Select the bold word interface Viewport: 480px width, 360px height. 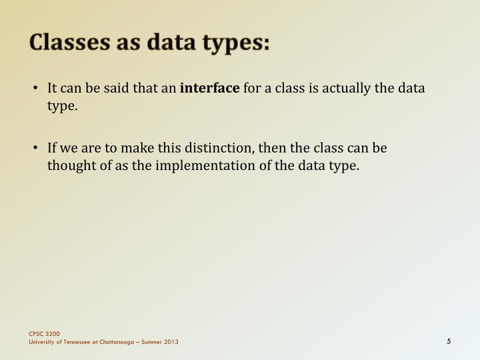(210, 88)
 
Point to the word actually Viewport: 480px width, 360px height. (348, 88)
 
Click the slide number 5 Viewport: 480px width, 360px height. (449, 341)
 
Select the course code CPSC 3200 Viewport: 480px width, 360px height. (44, 333)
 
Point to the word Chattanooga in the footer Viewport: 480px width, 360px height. (115, 342)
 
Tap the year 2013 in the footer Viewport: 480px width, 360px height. (171, 342)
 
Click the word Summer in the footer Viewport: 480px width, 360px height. (149, 342)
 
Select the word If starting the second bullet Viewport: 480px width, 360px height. (52, 147)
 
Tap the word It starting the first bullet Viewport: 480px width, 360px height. (52, 88)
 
